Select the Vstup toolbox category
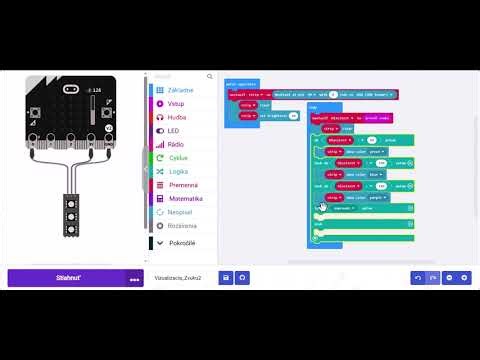[177, 103]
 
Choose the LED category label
[174, 130]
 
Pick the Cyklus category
[178, 158]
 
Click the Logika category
[178, 171]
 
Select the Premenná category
[182, 185]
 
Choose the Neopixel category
[180, 212]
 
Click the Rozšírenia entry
[182, 225]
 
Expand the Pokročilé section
[181, 243]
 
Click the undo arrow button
[417, 277]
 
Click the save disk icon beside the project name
[226, 277]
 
